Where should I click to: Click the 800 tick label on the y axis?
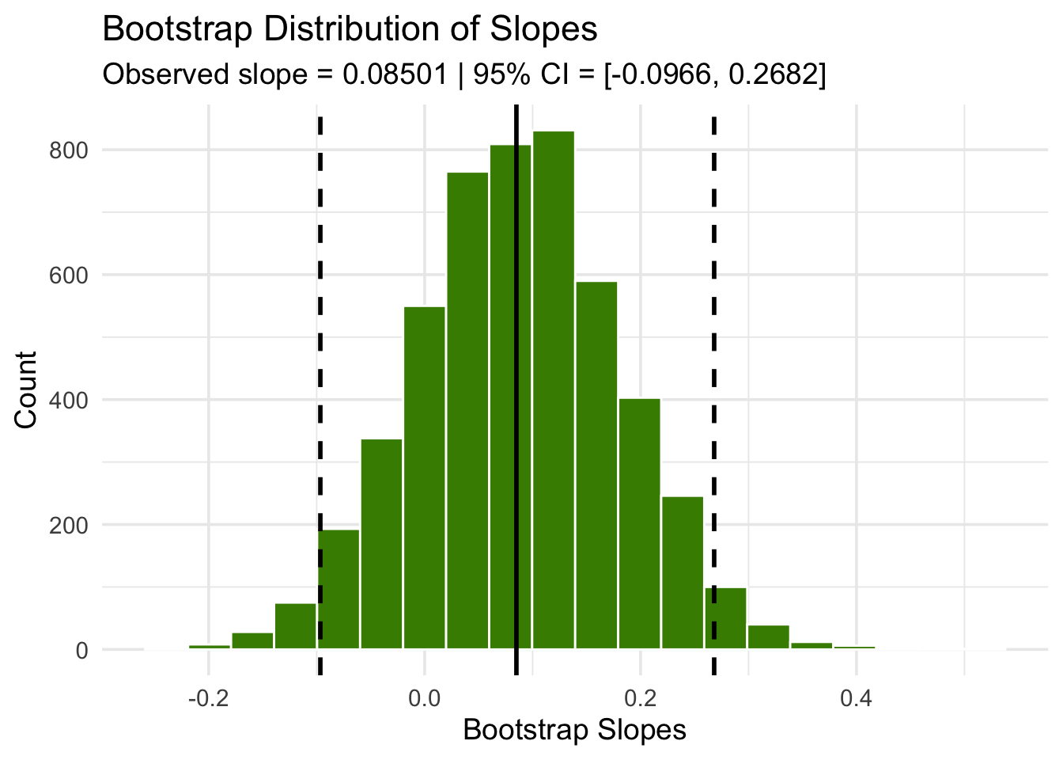pos(70,150)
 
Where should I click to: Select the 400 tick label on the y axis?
pos(70,400)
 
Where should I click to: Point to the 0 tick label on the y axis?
pos(82,650)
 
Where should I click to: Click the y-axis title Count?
pos(27,389)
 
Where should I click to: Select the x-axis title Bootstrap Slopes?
pos(575,730)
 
